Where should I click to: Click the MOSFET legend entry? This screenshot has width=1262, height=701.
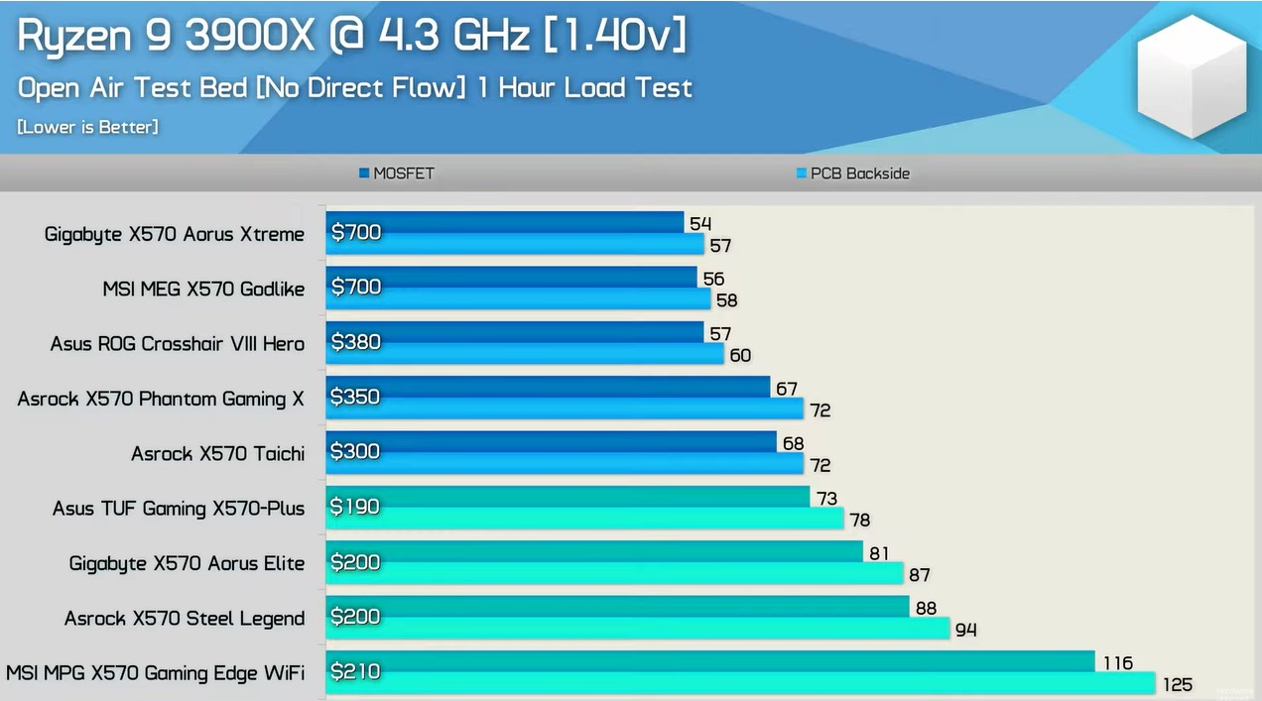point(397,174)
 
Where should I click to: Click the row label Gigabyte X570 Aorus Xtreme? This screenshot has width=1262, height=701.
point(175,234)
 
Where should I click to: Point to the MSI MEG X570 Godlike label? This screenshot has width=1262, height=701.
point(203,290)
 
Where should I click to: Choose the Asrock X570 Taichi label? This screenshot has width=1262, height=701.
point(217,454)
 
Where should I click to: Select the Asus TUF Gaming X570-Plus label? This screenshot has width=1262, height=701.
point(179,509)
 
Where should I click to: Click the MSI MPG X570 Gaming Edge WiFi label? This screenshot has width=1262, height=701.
point(155,673)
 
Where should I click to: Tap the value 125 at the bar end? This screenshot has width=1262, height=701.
point(1177,685)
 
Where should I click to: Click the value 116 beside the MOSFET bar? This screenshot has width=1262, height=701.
point(1117,662)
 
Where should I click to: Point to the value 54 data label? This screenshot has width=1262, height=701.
point(700,224)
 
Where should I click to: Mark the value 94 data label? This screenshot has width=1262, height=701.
point(966,630)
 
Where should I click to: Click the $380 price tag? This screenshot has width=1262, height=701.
point(355,342)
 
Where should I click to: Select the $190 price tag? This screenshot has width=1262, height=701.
point(355,507)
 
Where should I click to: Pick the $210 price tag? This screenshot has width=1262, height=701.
point(355,671)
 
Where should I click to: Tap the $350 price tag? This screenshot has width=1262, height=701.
point(355,397)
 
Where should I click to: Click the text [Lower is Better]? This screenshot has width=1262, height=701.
point(87,127)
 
